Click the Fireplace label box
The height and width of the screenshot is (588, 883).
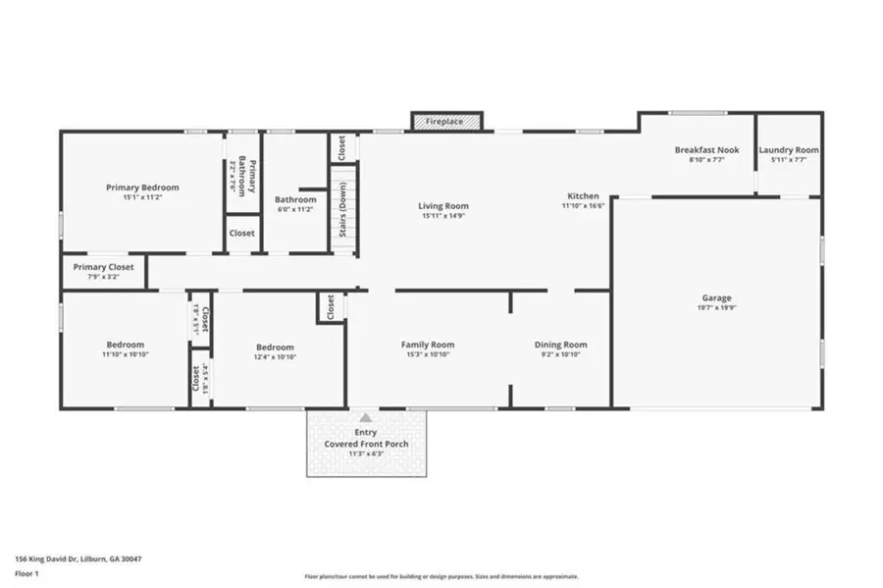[x=446, y=121]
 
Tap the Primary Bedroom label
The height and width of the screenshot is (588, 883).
[x=142, y=187]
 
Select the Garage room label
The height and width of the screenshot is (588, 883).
[x=716, y=298]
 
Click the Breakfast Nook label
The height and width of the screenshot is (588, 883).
[x=706, y=150]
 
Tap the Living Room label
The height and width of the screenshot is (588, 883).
[x=443, y=206]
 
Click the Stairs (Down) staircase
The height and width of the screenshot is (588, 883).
[x=342, y=209]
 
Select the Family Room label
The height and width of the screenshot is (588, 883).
[x=427, y=345]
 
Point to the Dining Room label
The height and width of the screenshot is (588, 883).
[x=560, y=345]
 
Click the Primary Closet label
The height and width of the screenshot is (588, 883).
[x=103, y=267]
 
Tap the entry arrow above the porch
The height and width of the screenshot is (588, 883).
[x=366, y=417]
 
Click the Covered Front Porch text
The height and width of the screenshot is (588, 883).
[x=366, y=444]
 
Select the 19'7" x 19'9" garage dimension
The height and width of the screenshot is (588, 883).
[x=716, y=308]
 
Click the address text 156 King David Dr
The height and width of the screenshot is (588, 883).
[x=78, y=559]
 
